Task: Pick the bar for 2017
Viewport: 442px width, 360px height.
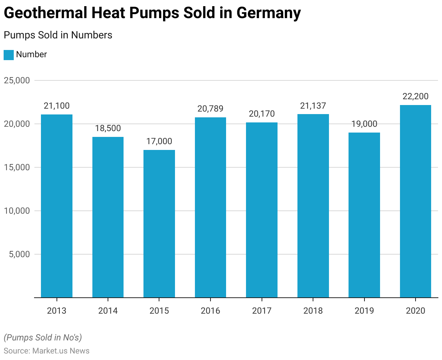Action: [x=262, y=210]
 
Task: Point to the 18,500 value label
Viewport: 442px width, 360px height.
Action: [x=108, y=128]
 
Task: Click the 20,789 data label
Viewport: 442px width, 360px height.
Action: [x=210, y=109]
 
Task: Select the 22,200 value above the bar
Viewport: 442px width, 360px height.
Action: [x=416, y=96]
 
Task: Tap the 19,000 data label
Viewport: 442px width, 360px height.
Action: [x=364, y=124]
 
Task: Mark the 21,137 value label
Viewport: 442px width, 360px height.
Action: [x=313, y=106]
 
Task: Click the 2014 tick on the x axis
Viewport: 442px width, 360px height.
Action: [x=108, y=311]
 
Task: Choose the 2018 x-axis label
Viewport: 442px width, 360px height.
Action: [x=313, y=311]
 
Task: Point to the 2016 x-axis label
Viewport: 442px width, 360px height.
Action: [x=210, y=311]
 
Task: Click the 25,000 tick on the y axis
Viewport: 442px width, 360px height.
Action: [x=17, y=80]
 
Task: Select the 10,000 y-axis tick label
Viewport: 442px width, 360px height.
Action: [x=17, y=211]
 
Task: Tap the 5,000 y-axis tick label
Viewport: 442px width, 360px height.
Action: [x=19, y=254]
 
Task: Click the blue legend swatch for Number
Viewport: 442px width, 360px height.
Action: [x=9, y=55]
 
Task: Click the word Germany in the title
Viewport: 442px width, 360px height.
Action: [x=268, y=13]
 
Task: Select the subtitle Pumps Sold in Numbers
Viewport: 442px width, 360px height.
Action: [x=58, y=35]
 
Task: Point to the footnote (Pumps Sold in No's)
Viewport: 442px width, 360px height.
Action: [x=43, y=338]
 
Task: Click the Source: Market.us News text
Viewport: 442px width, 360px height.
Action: [x=46, y=351]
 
